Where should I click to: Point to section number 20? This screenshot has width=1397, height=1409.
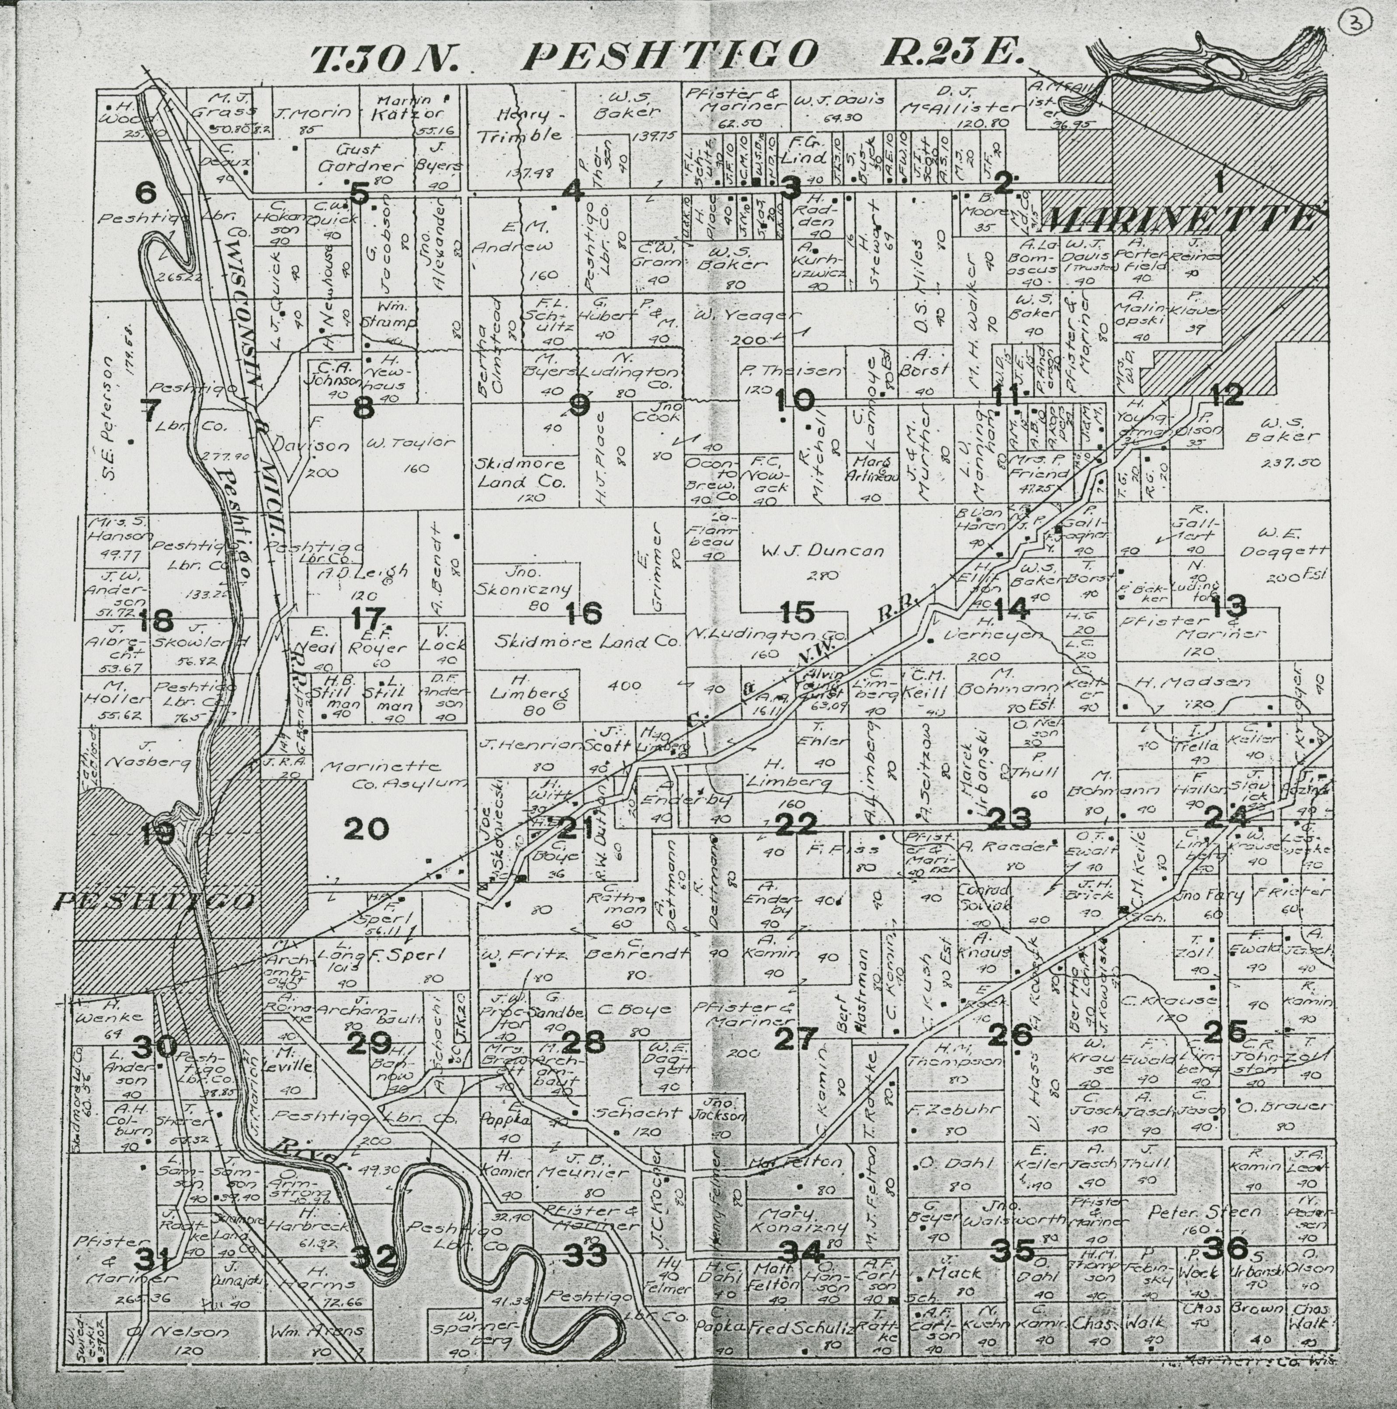point(366,829)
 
